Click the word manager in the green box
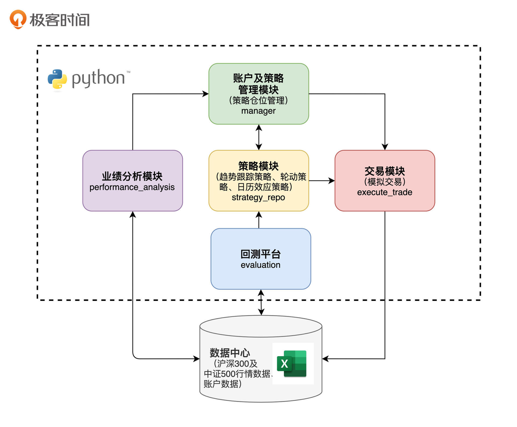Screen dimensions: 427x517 click(258, 111)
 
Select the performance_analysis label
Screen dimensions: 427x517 click(132, 187)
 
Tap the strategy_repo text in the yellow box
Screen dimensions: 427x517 click(258, 197)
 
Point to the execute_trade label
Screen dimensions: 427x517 click(385, 192)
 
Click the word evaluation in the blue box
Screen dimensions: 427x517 click(260, 265)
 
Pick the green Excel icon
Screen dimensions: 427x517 click(292, 363)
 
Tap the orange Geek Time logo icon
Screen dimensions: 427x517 click(18, 19)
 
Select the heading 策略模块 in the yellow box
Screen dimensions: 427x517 click(258, 166)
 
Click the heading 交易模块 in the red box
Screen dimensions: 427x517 click(385, 171)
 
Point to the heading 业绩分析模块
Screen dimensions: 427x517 click(132, 176)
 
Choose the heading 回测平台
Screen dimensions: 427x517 click(260, 254)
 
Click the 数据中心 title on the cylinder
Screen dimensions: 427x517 click(230, 353)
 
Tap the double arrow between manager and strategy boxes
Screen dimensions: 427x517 click(259, 137)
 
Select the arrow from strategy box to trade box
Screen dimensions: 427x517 click(322, 181)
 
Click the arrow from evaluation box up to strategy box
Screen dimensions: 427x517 click(259, 220)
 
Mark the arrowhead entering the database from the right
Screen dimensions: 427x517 click(325, 359)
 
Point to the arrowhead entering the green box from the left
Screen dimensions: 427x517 click(206, 94)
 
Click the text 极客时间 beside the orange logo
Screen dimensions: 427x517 click(60, 20)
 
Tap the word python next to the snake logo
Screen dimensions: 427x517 click(98, 78)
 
